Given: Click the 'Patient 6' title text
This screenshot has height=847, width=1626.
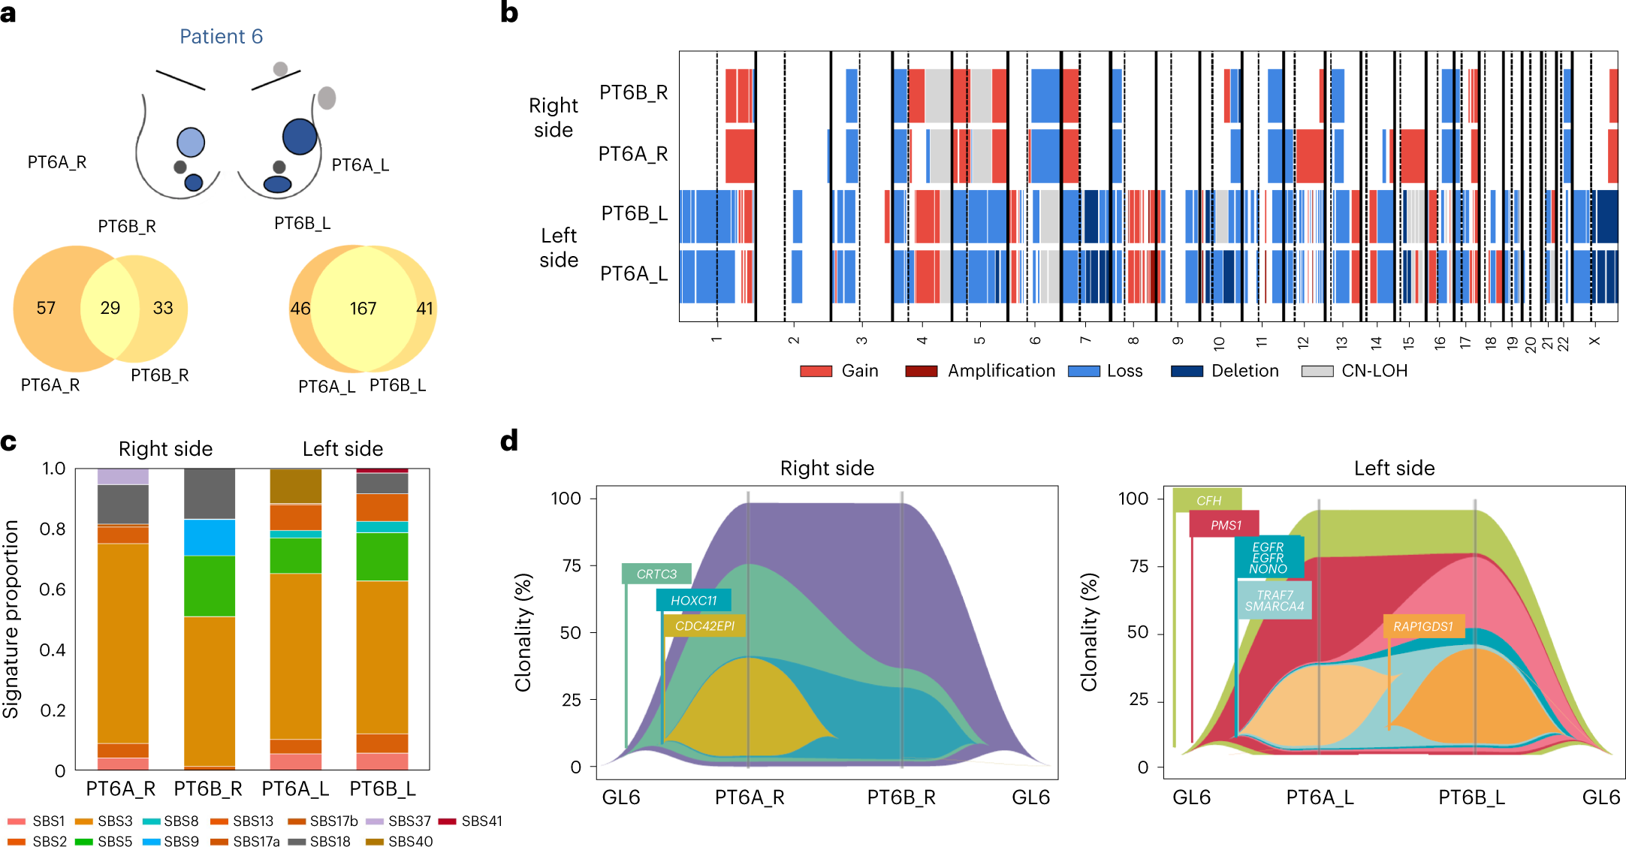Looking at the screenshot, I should (x=221, y=37).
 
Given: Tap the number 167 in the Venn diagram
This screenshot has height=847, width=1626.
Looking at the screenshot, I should (x=363, y=309).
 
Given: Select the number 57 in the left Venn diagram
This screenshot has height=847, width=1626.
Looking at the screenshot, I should (x=46, y=308).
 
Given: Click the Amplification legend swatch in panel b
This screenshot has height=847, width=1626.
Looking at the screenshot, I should (x=921, y=371).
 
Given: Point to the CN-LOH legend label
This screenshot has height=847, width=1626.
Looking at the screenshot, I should (x=1374, y=371).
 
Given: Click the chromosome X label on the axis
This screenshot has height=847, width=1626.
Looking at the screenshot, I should (x=1594, y=341).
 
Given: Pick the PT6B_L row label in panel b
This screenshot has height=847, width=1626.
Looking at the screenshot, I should (x=634, y=214).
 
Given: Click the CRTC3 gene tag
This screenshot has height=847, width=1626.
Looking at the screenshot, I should (x=656, y=574).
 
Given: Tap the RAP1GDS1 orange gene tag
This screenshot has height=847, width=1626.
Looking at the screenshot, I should (x=1422, y=626).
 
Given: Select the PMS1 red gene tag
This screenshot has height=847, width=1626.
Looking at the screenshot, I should (x=1225, y=525).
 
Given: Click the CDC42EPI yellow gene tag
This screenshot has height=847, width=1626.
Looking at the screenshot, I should (x=704, y=625).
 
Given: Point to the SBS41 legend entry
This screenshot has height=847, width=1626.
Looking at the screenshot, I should (x=471, y=821).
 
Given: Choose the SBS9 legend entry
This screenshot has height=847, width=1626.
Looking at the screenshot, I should (x=170, y=841).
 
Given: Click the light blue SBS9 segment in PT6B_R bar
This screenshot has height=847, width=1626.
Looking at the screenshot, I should (x=210, y=537).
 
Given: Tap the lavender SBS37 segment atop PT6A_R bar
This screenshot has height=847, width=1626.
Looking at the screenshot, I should (x=123, y=476).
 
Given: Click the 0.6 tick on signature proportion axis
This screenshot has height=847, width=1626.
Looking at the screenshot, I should (x=53, y=589).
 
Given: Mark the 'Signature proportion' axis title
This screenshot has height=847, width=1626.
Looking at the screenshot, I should (x=11, y=619).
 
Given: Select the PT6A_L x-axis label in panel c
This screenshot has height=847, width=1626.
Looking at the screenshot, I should (x=295, y=788).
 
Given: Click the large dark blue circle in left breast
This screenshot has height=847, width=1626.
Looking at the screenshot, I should (x=300, y=137).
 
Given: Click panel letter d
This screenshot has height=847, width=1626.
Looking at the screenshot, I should (x=509, y=441).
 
